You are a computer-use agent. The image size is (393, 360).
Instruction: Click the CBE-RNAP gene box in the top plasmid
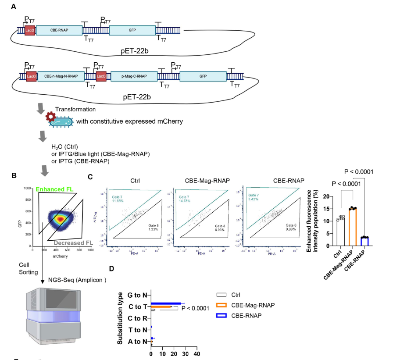[59, 30]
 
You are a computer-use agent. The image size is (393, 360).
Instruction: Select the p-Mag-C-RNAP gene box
[134, 76]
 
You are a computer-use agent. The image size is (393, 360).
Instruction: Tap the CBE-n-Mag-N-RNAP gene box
[61, 76]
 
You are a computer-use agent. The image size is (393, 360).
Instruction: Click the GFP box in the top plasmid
[132, 30]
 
